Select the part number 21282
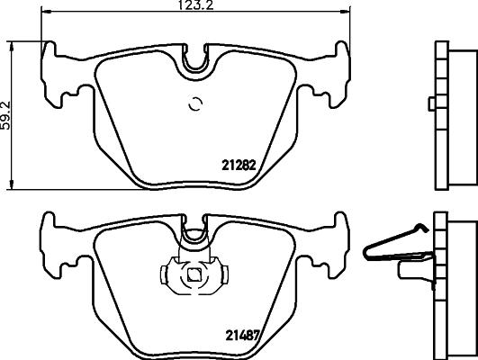(x=239, y=165)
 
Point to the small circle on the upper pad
(x=194, y=105)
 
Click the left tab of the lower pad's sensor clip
(x=167, y=274)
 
